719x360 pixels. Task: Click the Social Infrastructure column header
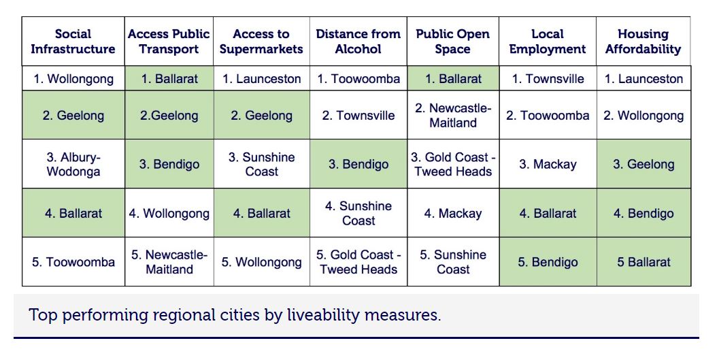tap(73, 42)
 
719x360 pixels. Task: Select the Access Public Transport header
tap(169, 42)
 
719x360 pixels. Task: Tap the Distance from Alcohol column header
tap(358, 42)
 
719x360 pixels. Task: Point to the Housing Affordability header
tap(643, 42)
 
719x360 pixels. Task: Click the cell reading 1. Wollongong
tap(73, 79)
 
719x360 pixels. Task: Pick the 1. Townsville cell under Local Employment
tap(548, 79)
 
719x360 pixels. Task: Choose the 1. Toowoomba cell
tap(358, 79)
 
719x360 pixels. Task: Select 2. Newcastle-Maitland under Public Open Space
tap(453, 116)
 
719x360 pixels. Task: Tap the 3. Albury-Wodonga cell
tap(73, 164)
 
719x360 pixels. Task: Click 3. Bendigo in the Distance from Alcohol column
tap(358, 164)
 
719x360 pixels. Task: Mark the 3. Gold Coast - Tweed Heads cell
tap(453, 164)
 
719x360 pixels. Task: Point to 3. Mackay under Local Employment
tap(548, 164)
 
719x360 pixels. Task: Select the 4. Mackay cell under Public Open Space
tap(453, 213)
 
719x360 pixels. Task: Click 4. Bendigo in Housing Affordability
tap(643, 213)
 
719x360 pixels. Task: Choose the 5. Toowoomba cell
tap(73, 262)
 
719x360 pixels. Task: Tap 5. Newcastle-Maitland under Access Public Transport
tap(169, 262)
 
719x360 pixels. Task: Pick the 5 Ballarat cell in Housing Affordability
tap(643, 262)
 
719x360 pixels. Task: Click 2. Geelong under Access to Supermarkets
tap(261, 116)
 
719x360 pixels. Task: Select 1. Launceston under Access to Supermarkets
tap(261, 79)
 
